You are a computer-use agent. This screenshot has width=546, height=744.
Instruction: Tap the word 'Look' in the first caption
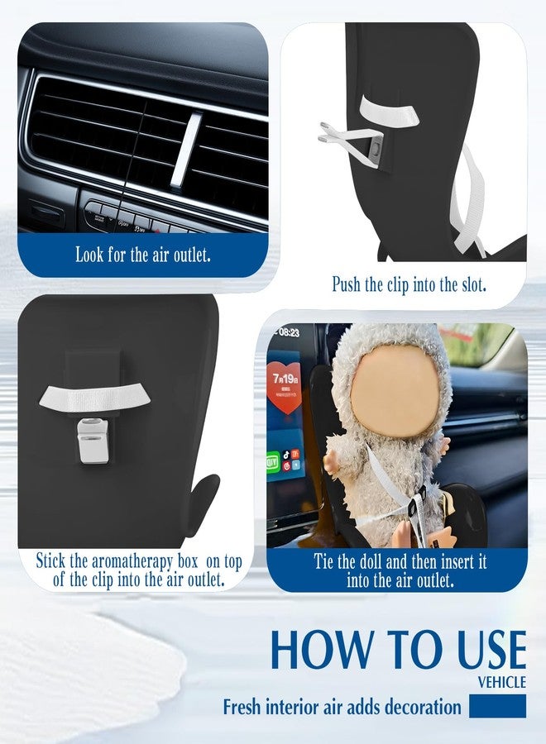tap(89, 255)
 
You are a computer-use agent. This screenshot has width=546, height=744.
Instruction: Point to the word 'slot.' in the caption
tap(474, 284)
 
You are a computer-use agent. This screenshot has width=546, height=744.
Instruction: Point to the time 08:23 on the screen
tap(289, 332)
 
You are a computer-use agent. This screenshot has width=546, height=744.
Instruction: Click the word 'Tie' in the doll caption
tap(323, 561)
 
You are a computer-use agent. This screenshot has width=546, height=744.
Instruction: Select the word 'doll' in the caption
tap(371, 561)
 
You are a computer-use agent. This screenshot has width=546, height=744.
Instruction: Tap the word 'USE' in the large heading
tap(491, 649)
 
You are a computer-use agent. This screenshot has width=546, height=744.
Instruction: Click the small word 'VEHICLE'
tap(502, 682)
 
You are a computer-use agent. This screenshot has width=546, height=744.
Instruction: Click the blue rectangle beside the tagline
tap(497, 706)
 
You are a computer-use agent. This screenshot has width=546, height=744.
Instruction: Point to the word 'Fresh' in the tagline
tap(242, 707)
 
